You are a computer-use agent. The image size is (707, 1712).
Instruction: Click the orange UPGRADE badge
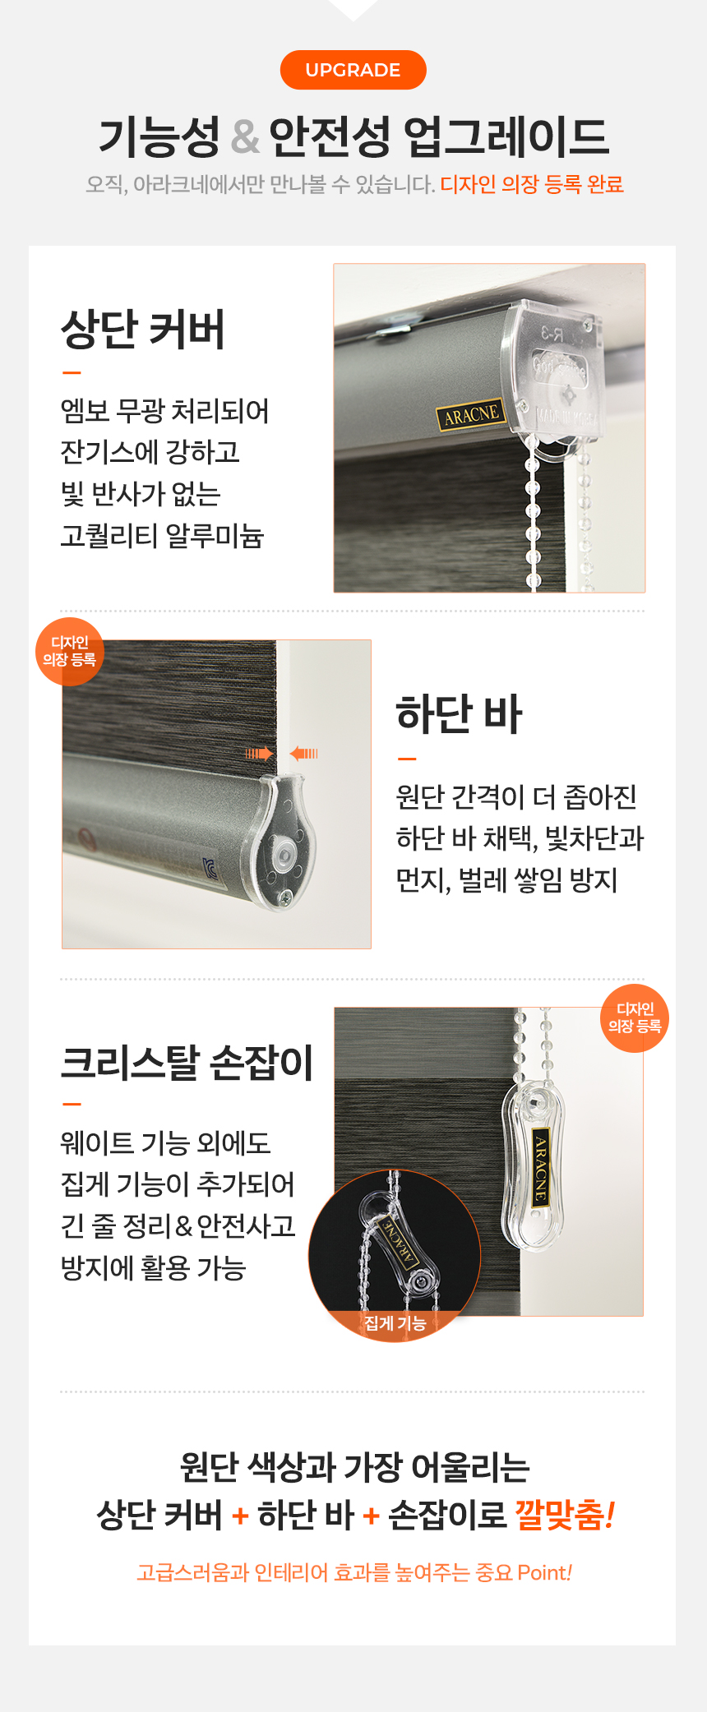(x=353, y=70)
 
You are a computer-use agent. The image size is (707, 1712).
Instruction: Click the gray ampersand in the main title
(x=245, y=136)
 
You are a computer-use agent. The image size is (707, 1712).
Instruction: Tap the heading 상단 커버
(x=143, y=330)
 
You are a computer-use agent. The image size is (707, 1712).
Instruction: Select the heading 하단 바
(x=459, y=713)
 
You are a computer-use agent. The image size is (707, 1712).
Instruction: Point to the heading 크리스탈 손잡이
(x=187, y=1062)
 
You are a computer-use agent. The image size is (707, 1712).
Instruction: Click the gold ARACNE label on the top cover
(x=470, y=415)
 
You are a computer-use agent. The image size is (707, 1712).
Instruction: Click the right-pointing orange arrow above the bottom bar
(x=260, y=753)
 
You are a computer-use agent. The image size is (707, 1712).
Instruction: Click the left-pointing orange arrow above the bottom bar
(x=303, y=753)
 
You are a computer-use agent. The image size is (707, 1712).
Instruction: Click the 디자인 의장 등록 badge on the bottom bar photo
(x=70, y=651)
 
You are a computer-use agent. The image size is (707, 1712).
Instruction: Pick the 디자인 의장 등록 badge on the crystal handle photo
(x=635, y=1018)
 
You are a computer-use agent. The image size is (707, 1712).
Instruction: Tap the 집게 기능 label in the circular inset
(x=395, y=1322)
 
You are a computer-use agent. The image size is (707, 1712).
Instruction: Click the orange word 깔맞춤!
(x=565, y=1514)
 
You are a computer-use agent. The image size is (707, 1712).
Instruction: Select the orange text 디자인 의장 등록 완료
(x=532, y=184)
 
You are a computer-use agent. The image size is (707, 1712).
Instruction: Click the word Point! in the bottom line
(x=545, y=1572)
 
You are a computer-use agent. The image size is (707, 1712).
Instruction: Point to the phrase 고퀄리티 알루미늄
(x=162, y=535)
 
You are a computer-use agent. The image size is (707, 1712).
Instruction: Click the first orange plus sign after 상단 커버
(x=240, y=1515)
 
